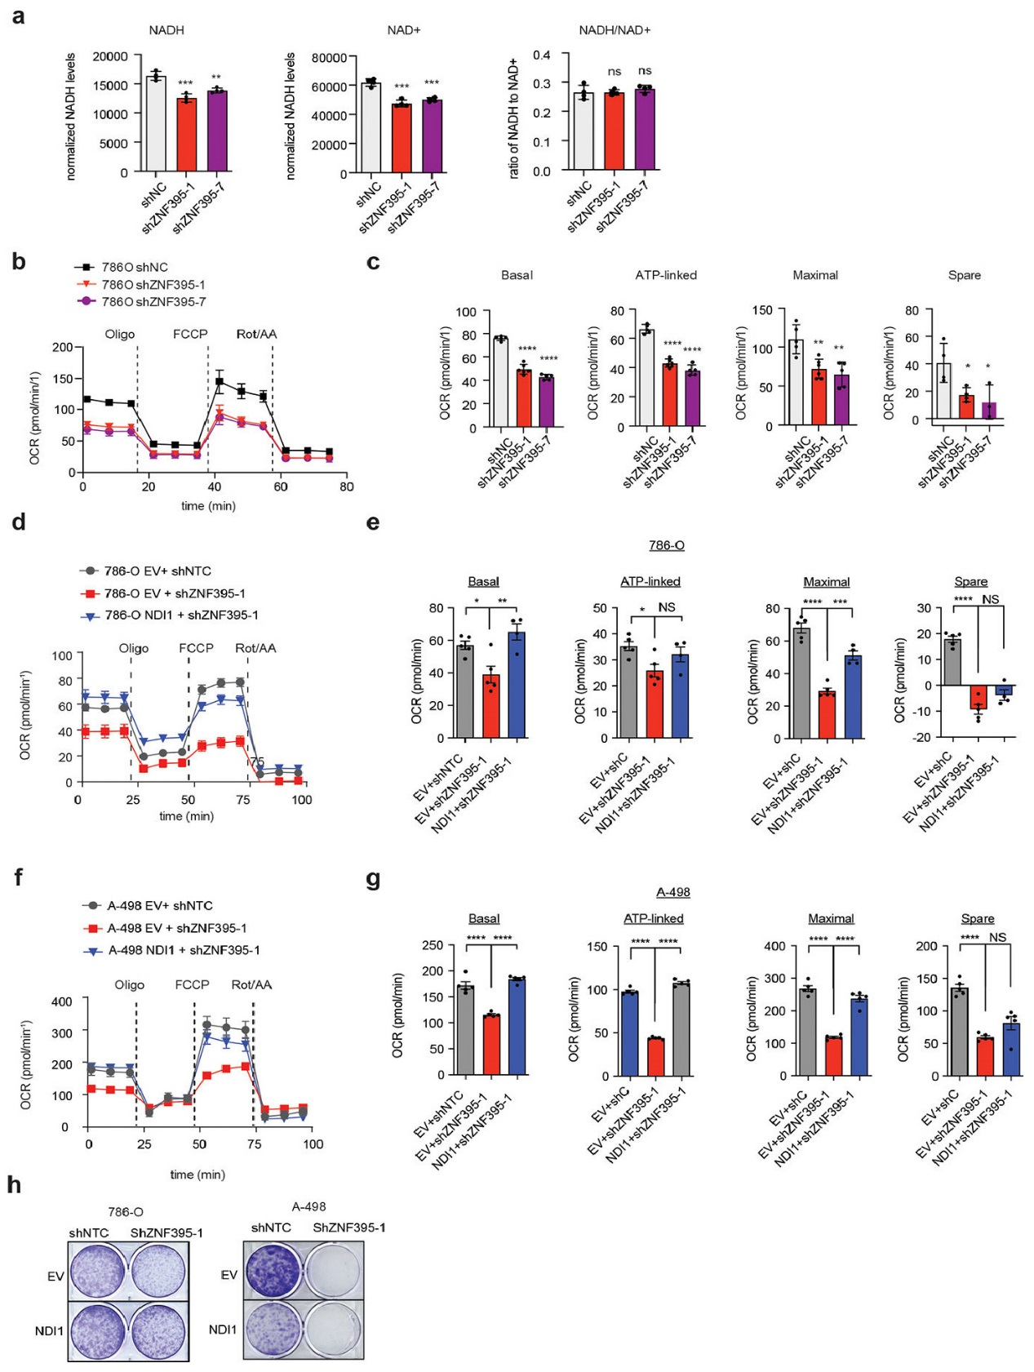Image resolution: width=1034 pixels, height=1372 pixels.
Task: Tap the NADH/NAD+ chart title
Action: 615,30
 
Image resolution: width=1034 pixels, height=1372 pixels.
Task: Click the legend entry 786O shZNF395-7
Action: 153,302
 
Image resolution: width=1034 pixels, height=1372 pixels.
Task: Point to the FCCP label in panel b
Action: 190,334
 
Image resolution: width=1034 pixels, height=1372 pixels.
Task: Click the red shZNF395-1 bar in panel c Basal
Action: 523,398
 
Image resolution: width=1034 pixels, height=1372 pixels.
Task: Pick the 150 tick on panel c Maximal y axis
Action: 762,310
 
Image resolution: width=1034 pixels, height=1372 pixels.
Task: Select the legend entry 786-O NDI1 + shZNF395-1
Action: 181,615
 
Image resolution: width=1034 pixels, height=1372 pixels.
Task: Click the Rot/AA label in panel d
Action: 255,648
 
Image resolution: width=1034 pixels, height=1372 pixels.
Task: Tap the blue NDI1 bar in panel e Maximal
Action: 853,697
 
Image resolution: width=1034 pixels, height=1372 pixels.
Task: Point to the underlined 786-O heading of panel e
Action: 666,545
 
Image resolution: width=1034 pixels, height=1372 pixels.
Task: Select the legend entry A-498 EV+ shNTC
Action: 159,905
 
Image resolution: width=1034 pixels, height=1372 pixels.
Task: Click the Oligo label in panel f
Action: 129,984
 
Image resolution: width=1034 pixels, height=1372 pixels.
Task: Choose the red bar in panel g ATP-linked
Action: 655,1057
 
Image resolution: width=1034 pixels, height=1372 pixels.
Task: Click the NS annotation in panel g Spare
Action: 997,937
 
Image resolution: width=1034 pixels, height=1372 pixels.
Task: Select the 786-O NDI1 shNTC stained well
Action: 98,1331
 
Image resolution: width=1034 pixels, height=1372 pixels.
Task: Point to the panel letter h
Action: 14,1185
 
